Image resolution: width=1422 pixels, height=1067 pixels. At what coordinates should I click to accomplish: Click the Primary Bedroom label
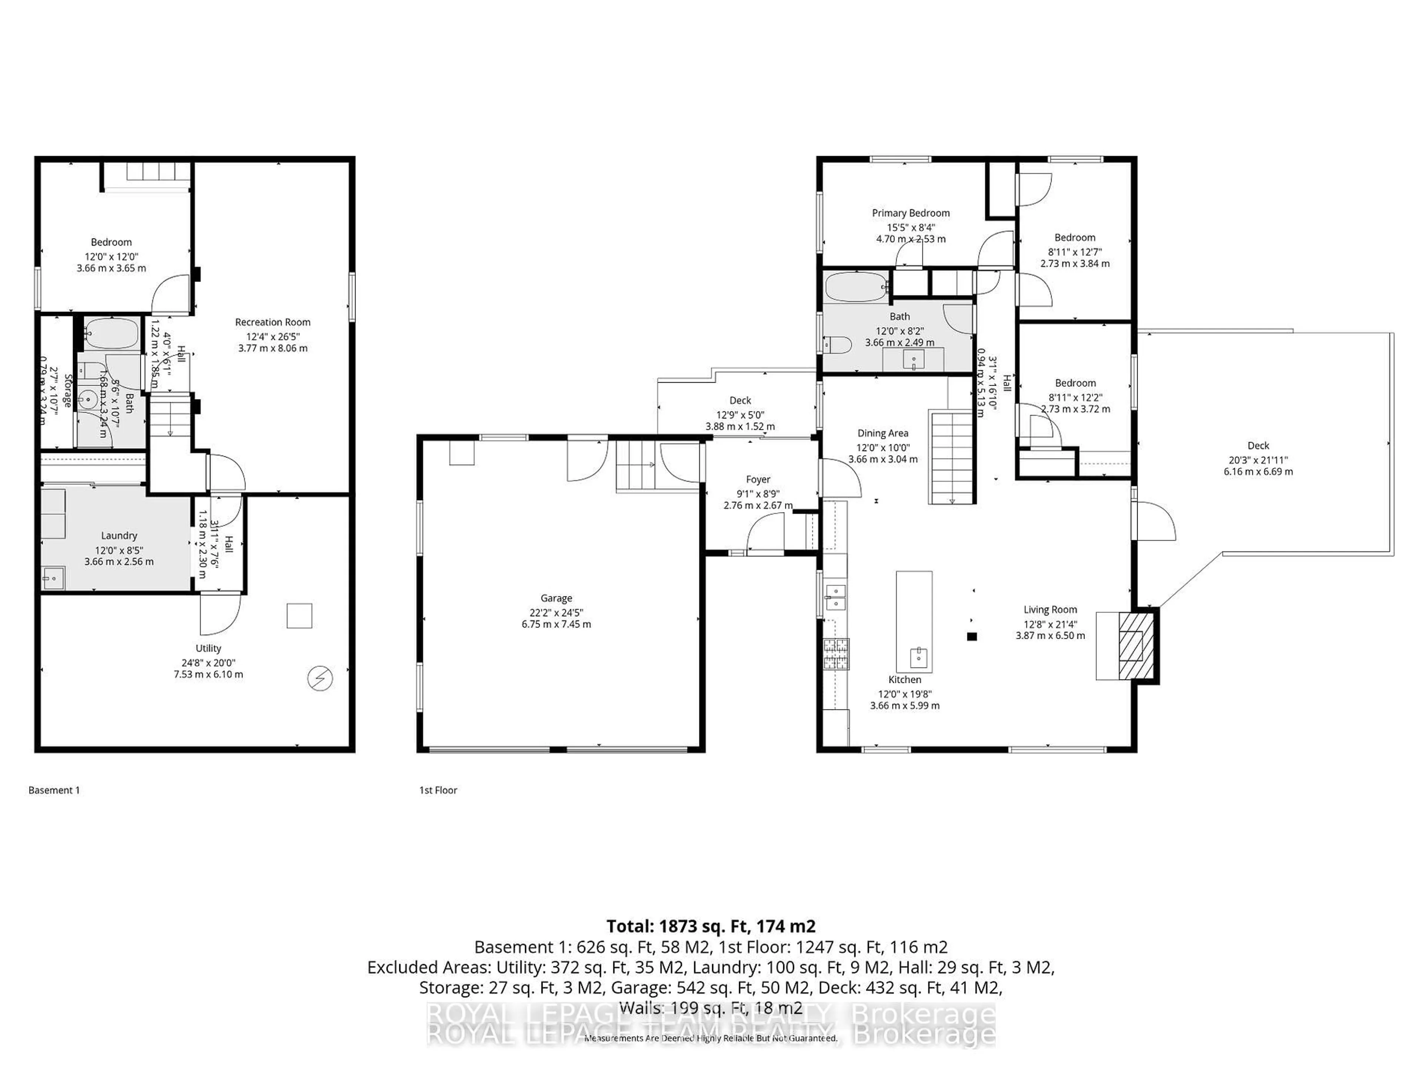click(910, 213)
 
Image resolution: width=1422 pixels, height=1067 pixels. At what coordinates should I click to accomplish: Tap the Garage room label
click(556, 598)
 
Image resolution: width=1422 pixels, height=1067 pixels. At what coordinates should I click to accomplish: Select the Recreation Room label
click(273, 322)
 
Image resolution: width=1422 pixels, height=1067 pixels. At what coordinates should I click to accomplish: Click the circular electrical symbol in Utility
click(320, 678)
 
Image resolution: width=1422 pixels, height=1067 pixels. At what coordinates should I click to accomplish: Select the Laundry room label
click(119, 536)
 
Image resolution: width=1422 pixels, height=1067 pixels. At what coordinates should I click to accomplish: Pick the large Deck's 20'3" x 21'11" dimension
click(1258, 460)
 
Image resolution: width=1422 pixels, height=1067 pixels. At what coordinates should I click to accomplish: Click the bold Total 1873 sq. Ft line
click(711, 926)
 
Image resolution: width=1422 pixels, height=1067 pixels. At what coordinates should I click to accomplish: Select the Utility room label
click(208, 648)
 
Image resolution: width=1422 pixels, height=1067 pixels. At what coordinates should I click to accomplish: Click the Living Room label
click(1050, 610)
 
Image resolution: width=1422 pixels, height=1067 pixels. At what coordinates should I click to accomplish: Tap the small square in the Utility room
click(299, 615)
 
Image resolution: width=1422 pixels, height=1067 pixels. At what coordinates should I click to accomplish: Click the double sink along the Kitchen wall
click(835, 597)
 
